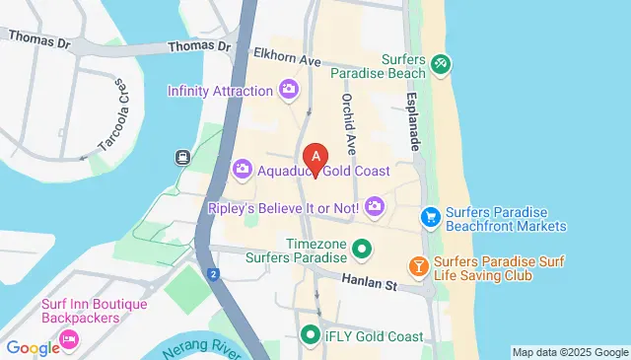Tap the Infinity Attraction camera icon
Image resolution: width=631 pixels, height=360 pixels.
point(288,91)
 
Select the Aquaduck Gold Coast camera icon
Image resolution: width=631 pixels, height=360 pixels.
point(243,171)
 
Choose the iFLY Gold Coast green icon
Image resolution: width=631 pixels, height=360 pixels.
point(311,334)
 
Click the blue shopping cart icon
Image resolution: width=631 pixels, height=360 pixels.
point(430,217)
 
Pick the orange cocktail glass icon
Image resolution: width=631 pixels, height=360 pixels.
point(418,266)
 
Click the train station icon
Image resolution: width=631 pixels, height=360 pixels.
point(182,156)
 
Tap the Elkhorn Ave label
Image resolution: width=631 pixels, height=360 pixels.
point(288,57)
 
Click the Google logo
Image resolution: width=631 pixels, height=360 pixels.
point(34,347)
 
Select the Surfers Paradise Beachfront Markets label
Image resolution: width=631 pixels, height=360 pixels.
point(506,219)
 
